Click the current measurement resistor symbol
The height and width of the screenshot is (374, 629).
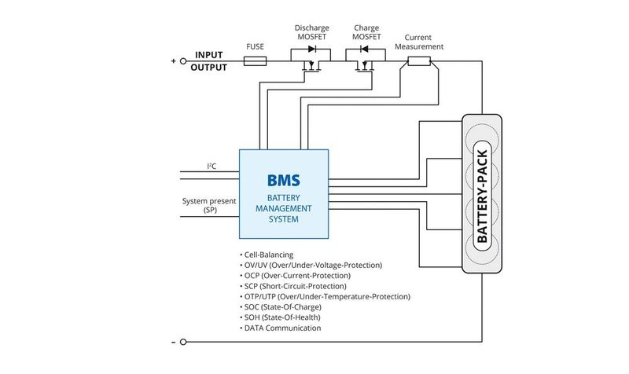pyautogui.click(x=417, y=60)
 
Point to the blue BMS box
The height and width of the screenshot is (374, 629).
pyautogui.click(x=284, y=194)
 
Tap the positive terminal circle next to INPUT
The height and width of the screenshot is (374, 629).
pyautogui.click(x=183, y=60)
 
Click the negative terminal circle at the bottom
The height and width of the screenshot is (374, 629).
pyautogui.click(x=183, y=343)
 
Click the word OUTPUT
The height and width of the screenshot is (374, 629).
pyautogui.click(x=209, y=68)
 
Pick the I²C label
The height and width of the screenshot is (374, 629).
pyautogui.click(x=212, y=166)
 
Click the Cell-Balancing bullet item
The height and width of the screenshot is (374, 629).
pyautogui.click(x=267, y=255)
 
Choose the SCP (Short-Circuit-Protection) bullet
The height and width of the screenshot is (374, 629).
pyautogui.click(x=296, y=286)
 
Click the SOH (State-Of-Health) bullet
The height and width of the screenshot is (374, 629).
pyautogui.click(x=281, y=317)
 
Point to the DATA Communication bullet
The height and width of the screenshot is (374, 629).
pyautogui.click(x=281, y=328)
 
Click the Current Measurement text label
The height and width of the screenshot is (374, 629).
pyautogui.click(x=423, y=41)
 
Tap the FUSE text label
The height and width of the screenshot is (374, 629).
pyautogui.click(x=255, y=46)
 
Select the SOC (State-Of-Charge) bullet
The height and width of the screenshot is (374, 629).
pyautogui.click(x=281, y=307)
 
